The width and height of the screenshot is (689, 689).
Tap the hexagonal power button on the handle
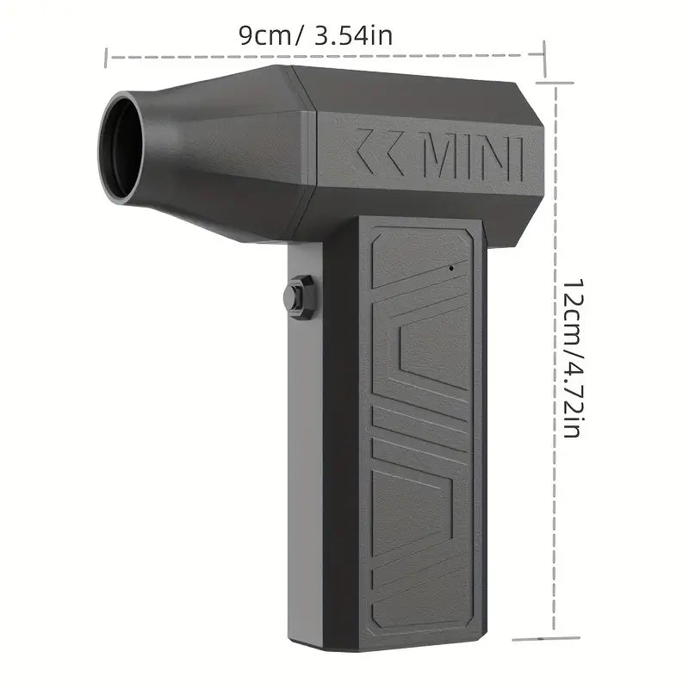point(299,297)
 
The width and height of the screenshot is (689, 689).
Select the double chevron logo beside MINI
point(379,150)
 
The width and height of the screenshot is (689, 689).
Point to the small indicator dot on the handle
point(451,267)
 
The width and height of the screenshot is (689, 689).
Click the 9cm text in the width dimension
point(265,35)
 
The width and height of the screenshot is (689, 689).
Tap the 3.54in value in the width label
point(354,35)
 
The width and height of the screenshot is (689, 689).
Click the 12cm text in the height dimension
point(574,310)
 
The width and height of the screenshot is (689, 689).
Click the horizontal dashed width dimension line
point(326,56)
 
